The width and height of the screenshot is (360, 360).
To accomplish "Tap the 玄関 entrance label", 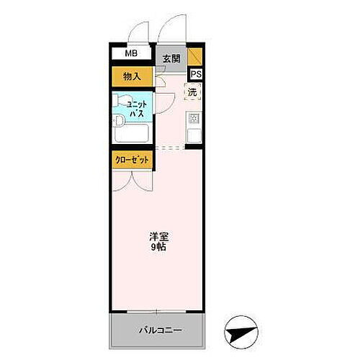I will pyautogui.click(x=170, y=59).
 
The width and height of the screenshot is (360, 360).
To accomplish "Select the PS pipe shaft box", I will pyautogui.click(x=196, y=73).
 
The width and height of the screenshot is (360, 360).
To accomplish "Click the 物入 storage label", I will pyautogui.click(x=131, y=76).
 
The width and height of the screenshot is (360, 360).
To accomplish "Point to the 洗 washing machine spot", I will pyautogui.click(x=192, y=91).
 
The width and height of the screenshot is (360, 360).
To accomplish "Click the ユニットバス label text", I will pyautogui.click(x=137, y=109).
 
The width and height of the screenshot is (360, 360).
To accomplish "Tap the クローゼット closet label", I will pyautogui.click(x=132, y=161).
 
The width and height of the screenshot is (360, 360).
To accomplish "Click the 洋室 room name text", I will pyautogui.click(x=158, y=236).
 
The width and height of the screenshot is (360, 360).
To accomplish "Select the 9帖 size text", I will pyautogui.click(x=158, y=248).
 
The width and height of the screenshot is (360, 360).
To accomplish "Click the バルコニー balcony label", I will pyautogui.click(x=160, y=330).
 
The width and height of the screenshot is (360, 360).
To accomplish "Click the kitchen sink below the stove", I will pyautogui.click(x=194, y=135).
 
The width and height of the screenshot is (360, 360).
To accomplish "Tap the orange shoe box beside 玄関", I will pyautogui.click(x=196, y=56).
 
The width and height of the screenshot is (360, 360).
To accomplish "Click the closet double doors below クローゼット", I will pyautogui.click(x=132, y=180).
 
